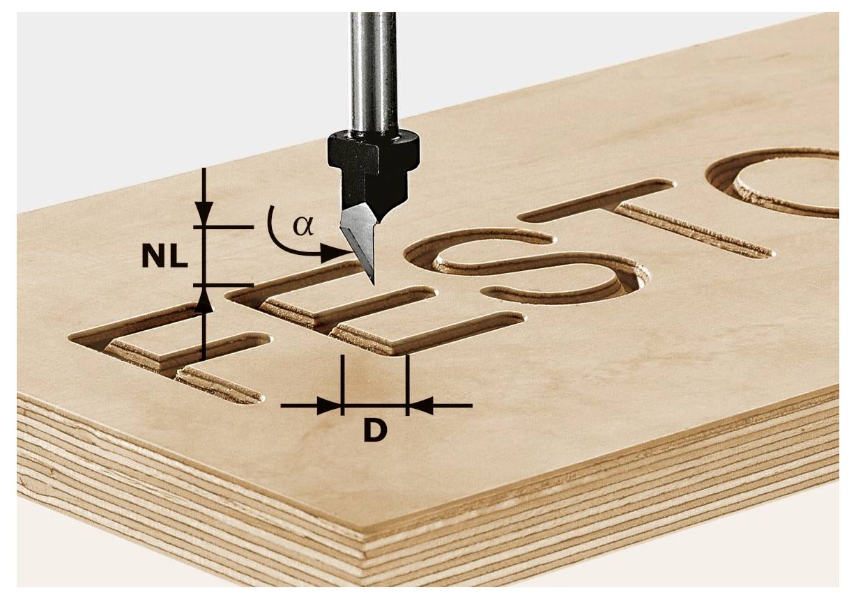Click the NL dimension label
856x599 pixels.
coord(165,257)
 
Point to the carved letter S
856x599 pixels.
coord(530,268)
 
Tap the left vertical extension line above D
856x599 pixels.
coord(343,380)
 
